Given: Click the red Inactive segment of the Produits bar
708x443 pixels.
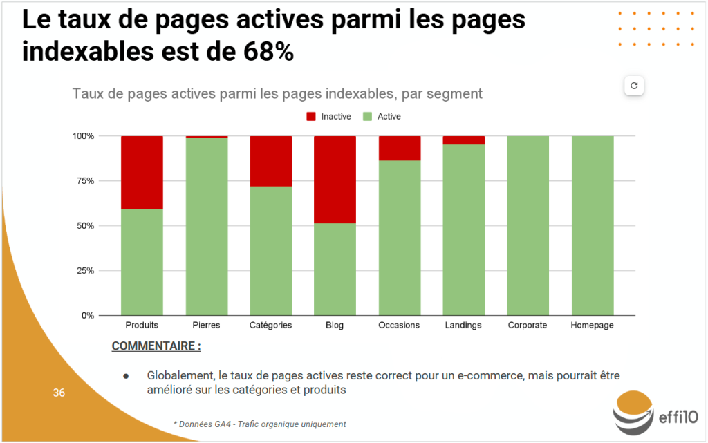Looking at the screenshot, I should pyautogui.click(x=142, y=172).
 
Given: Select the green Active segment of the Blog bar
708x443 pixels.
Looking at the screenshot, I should pyautogui.click(x=335, y=269).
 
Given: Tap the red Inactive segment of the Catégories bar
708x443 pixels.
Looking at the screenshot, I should pyautogui.click(x=270, y=161).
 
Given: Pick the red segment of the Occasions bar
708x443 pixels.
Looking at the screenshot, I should pyautogui.click(x=399, y=148).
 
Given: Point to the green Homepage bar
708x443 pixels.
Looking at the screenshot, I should pyautogui.click(x=593, y=225).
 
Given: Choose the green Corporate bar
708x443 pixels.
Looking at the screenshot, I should pyautogui.click(x=528, y=225).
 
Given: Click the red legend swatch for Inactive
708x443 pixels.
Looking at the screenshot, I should pyautogui.click(x=311, y=117).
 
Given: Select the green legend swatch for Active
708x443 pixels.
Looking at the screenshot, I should pyautogui.click(x=368, y=117).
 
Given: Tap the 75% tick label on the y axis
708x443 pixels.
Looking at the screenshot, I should pyautogui.click(x=84, y=181).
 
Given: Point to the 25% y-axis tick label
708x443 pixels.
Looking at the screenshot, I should pyautogui.click(x=84, y=271).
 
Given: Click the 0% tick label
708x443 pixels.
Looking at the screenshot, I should pyautogui.click(x=86, y=316).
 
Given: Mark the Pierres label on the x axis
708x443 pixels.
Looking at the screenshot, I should pyautogui.click(x=206, y=326).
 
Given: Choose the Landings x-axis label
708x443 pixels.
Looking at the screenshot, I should pyautogui.click(x=463, y=326).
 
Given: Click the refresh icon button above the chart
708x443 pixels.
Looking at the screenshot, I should pyautogui.click(x=634, y=86).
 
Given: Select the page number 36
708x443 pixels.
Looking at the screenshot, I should pyautogui.click(x=59, y=393).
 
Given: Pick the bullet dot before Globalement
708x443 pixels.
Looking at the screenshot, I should pyautogui.click(x=127, y=376).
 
